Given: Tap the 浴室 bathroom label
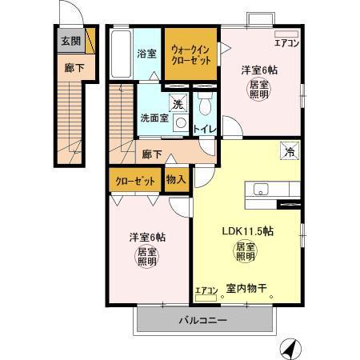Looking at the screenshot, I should [x=146, y=54].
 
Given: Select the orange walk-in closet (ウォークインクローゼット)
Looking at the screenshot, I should [x=190, y=54].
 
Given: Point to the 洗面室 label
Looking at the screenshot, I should [x=154, y=118].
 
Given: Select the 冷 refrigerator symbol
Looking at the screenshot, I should [x=286, y=149].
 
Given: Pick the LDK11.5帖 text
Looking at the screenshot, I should [x=248, y=230].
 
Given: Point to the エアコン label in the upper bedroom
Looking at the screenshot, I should [x=286, y=44].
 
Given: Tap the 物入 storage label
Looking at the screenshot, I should [x=175, y=180].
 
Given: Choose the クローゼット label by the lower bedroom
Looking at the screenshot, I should [x=134, y=181].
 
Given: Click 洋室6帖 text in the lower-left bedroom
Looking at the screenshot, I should [x=147, y=237].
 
